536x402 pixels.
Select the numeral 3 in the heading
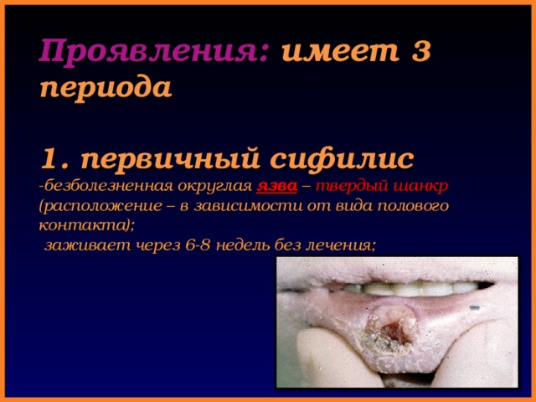point(421,54)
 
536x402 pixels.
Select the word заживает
point(85,245)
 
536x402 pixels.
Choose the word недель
point(249,245)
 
